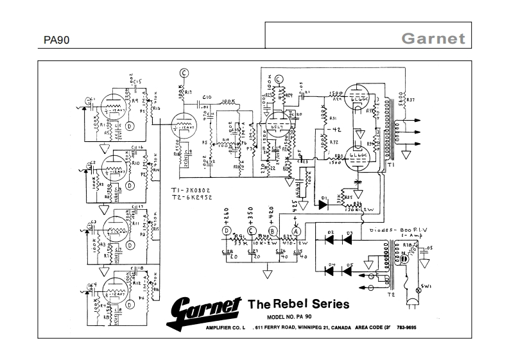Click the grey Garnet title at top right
(433, 38)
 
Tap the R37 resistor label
(411, 99)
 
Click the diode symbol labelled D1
(324, 204)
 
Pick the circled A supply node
(297, 230)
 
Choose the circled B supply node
(273, 230)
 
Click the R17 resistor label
(189, 92)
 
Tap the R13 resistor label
(155, 109)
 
